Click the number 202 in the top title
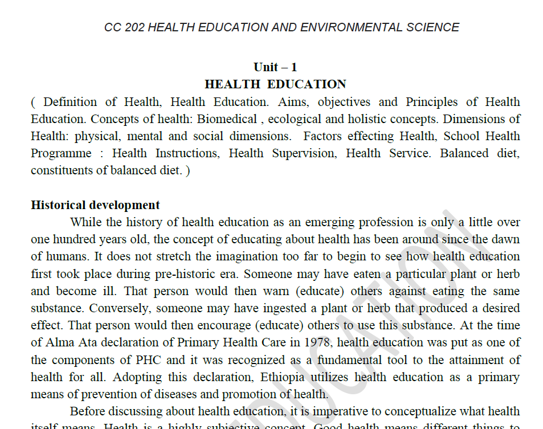(x=134, y=27)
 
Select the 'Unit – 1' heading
(x=275, y=67)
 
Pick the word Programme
(x=61, y=153)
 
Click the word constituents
(x=61, y=170)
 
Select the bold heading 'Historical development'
(x=95, y=205)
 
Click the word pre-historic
(x=183, y=274)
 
